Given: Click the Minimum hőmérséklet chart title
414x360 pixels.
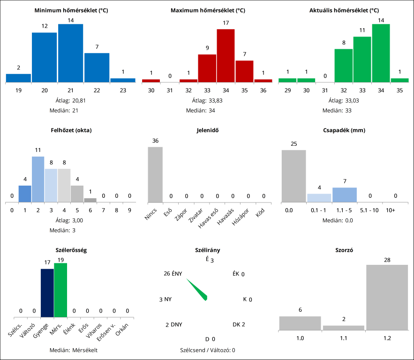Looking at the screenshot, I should pos(71,10).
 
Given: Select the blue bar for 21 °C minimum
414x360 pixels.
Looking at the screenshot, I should pos(71,53).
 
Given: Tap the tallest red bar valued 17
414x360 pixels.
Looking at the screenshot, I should pos(226,55).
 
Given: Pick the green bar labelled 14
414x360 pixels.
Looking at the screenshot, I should pos(381,53).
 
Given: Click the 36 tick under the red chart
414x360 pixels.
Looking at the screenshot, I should pos(263,90).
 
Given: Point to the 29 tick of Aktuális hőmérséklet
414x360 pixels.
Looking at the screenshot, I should pos(287,90).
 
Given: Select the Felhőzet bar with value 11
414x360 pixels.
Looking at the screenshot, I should pos(38,179).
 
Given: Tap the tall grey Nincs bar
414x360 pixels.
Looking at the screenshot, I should pos(155,174).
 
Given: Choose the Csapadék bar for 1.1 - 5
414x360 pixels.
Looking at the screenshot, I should pos(345,195).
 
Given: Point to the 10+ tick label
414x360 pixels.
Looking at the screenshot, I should pos(391,210).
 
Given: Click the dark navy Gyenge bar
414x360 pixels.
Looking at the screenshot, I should pos(47,293).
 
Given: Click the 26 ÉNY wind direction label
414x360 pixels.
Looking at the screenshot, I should pos(173,274).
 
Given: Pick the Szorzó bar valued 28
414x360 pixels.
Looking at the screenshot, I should pos(387,297).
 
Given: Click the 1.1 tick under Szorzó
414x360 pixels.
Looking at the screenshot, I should pos(344,337).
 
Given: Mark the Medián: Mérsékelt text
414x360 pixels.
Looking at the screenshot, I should pos(73,350).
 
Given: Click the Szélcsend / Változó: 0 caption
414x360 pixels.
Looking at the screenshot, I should pos(207,350).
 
